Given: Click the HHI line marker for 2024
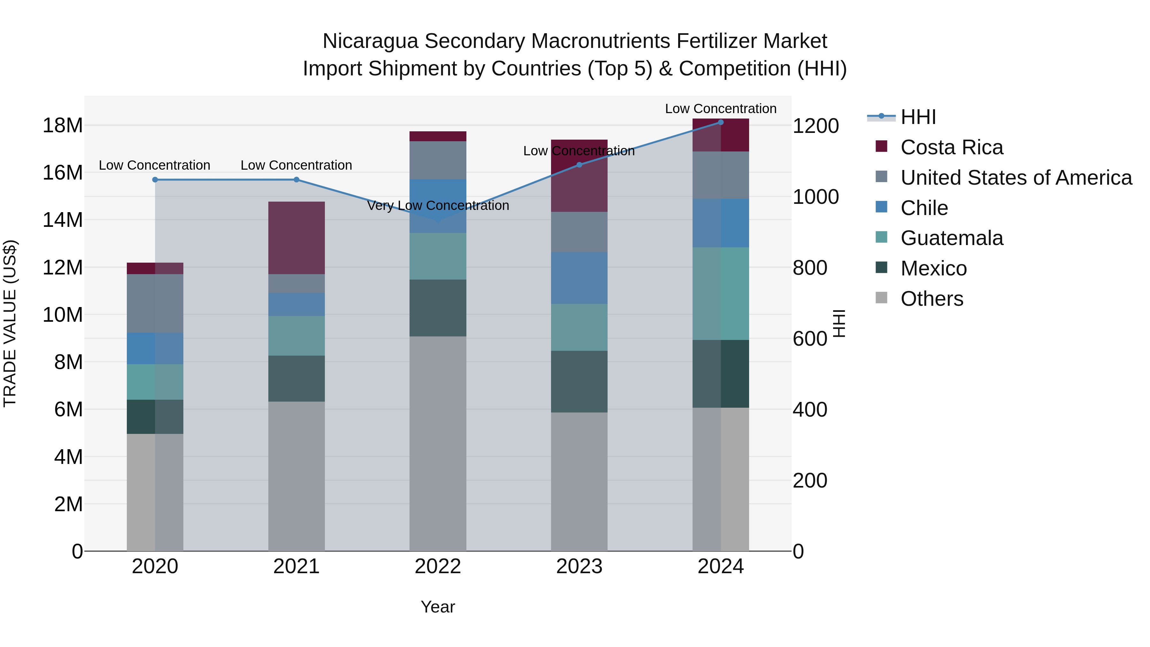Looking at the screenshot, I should (721, 122).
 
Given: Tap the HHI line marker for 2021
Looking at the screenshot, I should (296, 180).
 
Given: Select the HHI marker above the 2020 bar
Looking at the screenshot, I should (155, 180).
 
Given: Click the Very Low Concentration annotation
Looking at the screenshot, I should (438, 206).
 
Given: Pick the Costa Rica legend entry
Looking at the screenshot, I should (951, 147).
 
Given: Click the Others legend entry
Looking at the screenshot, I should (932, 299).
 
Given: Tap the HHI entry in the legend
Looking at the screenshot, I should (918, 117).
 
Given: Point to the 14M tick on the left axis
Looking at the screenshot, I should (63, 220).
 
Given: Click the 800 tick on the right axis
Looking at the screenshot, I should (810, 268).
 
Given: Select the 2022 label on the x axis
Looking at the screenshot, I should (438, 566).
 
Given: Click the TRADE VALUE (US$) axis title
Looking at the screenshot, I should (10, 323).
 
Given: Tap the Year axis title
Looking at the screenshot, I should (438, 607).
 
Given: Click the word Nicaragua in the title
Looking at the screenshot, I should (370, 41).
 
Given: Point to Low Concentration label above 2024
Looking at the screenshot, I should (721, 109).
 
